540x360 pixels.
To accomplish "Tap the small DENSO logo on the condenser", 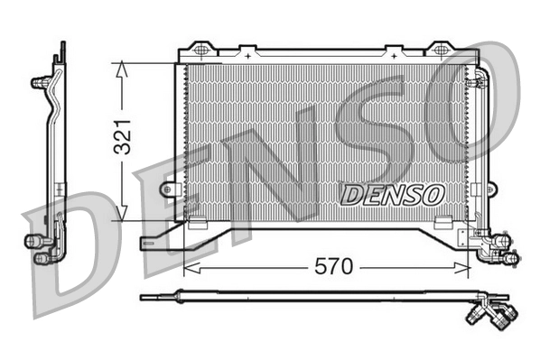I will pos(391,192).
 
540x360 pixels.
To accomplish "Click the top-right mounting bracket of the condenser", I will pos(440,49).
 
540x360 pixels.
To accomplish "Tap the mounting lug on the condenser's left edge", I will pos(170,189).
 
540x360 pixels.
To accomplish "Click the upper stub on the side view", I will pos(41,82).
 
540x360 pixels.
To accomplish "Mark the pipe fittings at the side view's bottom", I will pos(40,249).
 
